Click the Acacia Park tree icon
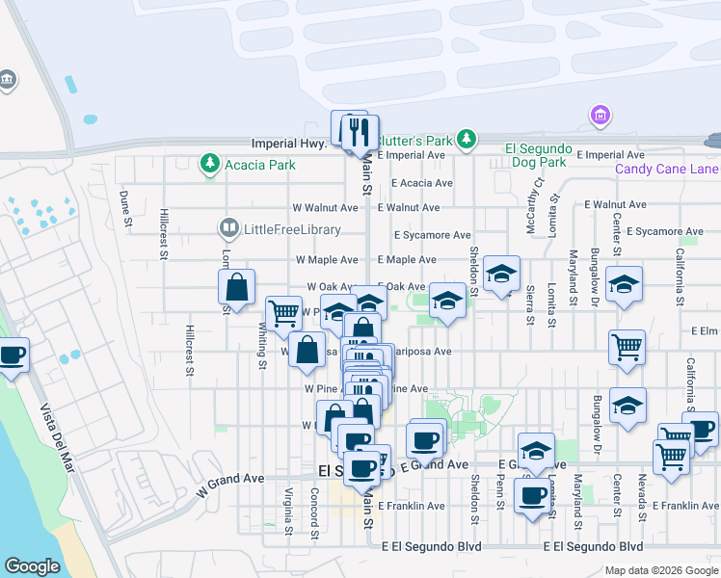[x=209, y=164]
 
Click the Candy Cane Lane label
[x=667, y=171]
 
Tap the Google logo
[x=32, y=566]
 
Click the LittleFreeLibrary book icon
[x=228, y=229]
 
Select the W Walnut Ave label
[x=326, y=207]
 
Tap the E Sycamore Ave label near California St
[x=665, y=231]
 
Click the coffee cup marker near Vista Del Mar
[x=13, y=355]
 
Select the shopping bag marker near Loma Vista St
[x=236, y=287]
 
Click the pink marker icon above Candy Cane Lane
[x=600, y=117]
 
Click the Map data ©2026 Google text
[x=661, y=570]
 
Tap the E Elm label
[x=706, y=330]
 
